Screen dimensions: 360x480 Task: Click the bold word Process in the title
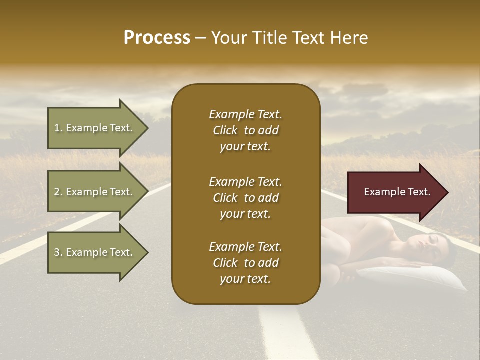pyautogui.click(x=157, y=38)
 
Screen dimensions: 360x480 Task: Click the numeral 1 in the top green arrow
pyautogui.click(x=56, y=128)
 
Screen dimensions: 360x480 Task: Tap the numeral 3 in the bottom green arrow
pyautogui.click(x=56, y=252)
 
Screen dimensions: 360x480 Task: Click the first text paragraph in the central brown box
pyautogui.click(x=245, y=130)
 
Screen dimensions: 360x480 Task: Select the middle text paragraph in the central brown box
pyautogui.click(x=245, y=198)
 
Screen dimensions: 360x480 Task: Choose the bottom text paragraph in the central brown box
pyautogui.click(x=245, y=263)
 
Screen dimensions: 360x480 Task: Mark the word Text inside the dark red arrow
pyautogui.click(x=419, y=192)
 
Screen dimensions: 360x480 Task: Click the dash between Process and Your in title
pyautogui.click(x=201, y=38)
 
